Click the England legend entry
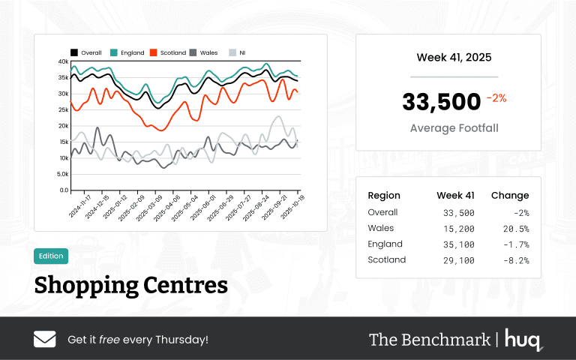coord(127,52)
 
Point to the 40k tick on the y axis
coord(63,61)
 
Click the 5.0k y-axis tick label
coord(61,174)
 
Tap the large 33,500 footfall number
coord(441,102)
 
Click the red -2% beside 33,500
coord(496,98)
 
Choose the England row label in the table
coord(385,244)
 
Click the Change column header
coord(510,196)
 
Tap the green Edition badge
coord(51,256)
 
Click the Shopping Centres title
coord(130,285)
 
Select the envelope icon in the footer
coord(45,339)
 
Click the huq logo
coord(523,339)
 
